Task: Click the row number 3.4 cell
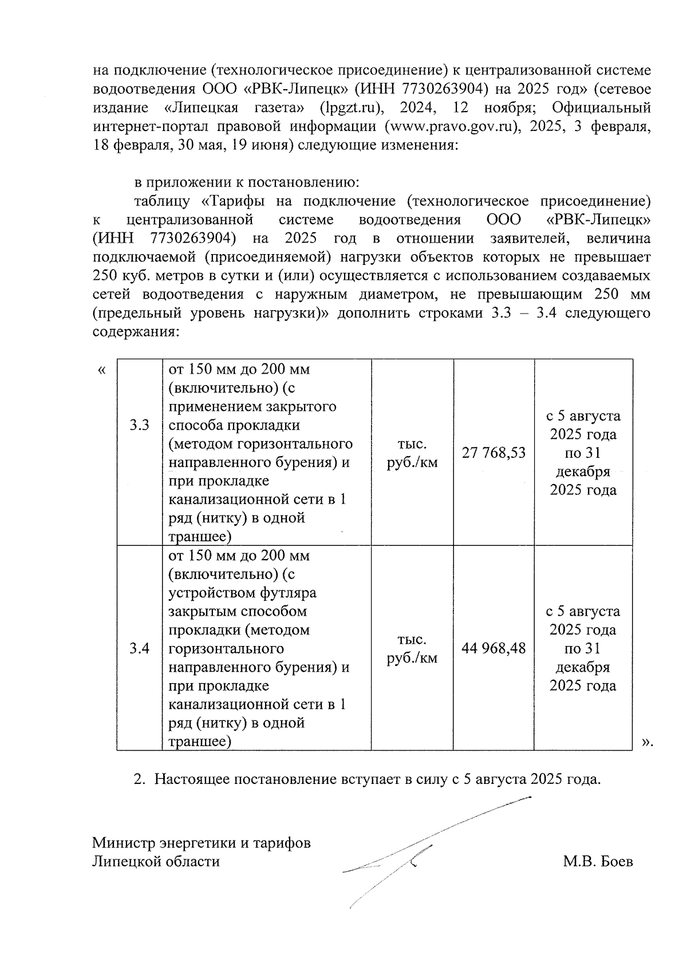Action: click(x=139, y=648)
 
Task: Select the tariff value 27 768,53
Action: click(x=493, y=453)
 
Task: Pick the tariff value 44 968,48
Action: click(x=493, y=648)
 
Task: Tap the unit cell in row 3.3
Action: click(x=412, y=453)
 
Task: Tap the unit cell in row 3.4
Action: click(x=412, y=648)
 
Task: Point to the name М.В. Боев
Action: click(x=598, y=862)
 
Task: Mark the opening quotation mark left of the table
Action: click(x=101, y=370)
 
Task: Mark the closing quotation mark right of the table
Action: click(x=647, y=742)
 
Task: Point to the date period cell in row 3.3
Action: click(x=583, y=453)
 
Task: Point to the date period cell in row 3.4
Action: click(x=583, y=648)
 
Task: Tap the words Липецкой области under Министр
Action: click(x=156, y=862)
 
